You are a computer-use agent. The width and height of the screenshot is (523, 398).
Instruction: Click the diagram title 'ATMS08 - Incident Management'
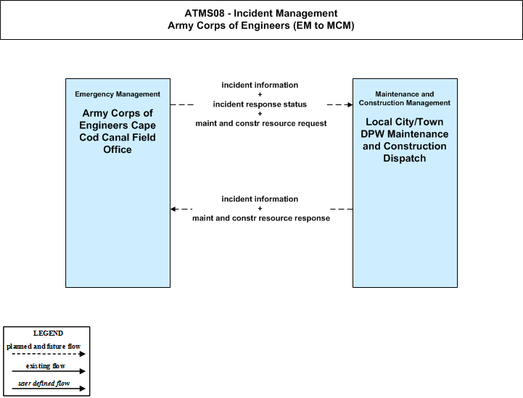coord(261,13)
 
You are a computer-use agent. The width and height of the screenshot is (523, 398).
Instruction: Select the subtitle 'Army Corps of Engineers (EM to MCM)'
coord(261,25)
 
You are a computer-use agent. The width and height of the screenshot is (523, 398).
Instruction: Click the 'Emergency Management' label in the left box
coord(118,94)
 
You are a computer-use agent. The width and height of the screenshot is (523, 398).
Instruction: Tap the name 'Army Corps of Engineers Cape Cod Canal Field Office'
coord(118,131)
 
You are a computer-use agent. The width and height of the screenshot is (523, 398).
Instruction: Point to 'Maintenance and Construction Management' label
coord(405,99)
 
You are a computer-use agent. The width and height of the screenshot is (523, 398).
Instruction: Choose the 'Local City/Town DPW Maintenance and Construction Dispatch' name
coord(405,140)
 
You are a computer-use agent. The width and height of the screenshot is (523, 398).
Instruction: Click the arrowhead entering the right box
coord(350,104)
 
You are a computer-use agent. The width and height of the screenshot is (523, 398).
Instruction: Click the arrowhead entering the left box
coord(173,209)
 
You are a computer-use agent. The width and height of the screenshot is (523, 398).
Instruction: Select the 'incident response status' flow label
coord(260,104)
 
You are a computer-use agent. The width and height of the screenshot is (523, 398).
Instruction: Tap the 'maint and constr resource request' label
coord(261,123)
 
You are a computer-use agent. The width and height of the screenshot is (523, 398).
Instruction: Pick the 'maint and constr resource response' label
coord(261,218)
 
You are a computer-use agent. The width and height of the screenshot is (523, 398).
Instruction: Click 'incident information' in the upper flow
coord(260,85)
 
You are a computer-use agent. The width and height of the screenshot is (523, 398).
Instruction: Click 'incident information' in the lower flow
coord(260,199)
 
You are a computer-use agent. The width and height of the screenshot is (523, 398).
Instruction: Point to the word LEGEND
coord(48,333)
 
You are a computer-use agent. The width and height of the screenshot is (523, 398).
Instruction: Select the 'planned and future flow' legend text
coord(44,347)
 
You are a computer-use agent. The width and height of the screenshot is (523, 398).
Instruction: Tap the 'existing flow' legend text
coord(46,366)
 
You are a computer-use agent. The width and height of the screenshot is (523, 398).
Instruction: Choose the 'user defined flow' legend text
coord(44,384)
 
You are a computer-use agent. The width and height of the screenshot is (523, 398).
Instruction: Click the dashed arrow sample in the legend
coord(49,354)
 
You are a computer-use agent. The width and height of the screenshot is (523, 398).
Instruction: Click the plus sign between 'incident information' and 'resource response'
coord(260,208)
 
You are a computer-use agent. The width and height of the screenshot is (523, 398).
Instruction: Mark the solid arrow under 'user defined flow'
coord(49,389)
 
